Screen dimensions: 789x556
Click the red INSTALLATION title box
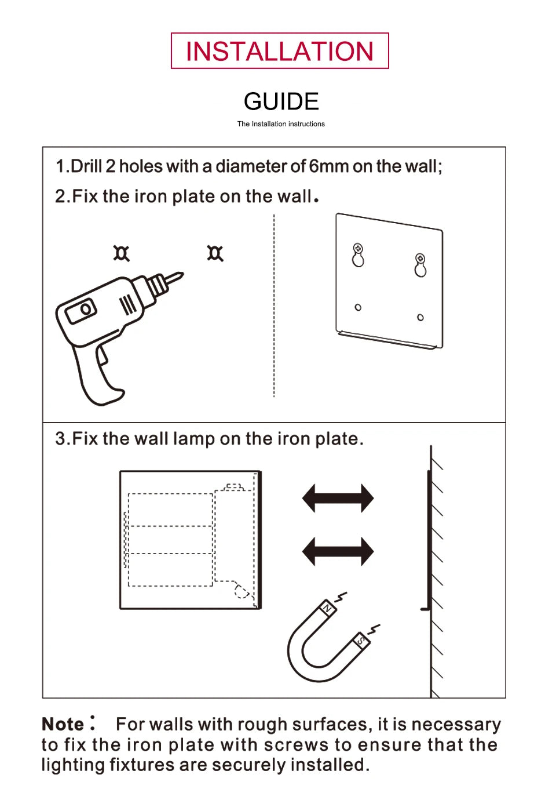(280, 51)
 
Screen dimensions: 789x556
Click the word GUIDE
(281, 101)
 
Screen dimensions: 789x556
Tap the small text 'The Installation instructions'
(281, 124)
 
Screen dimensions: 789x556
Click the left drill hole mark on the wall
(121, 253)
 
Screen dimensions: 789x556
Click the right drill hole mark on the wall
(215, 253)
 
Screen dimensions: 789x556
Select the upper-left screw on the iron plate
(358, 249)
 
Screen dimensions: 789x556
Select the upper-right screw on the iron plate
(420, 259)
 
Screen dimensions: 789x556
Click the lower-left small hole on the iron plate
(358, 307)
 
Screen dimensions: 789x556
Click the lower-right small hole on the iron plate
(420, 317)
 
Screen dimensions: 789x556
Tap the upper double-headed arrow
(338, 499)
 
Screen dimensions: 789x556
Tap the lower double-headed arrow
(338, 551)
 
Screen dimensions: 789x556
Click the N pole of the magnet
(327, 608)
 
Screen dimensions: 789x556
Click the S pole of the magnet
(361, 641)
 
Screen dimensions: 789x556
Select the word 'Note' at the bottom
(63, 725)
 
